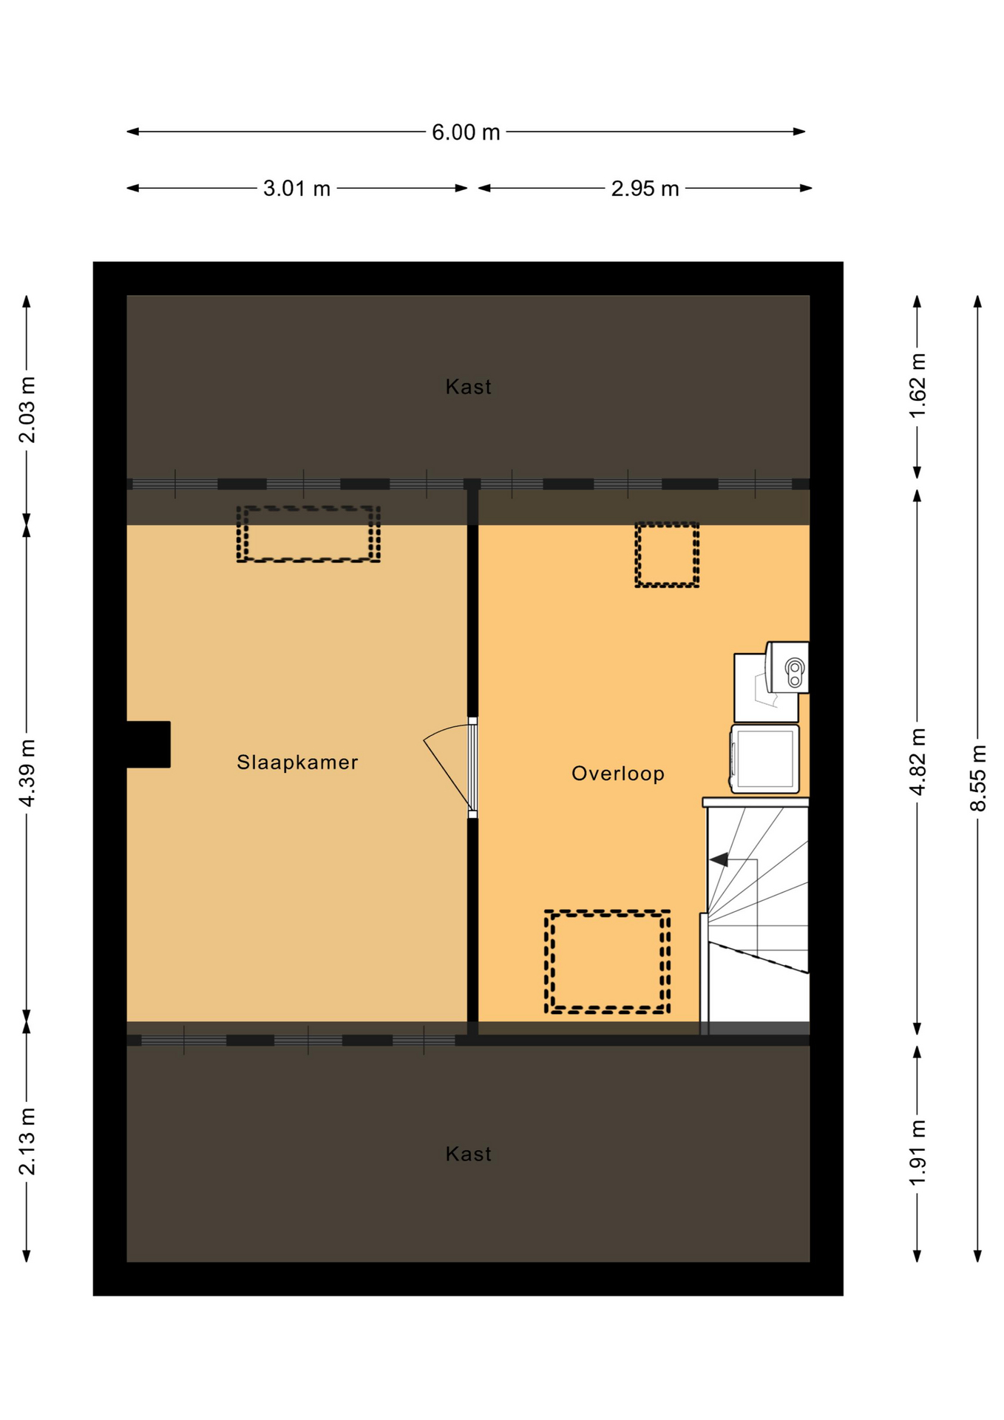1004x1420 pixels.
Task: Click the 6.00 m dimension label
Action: point(466,132)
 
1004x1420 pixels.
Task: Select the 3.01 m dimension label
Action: point(296,189)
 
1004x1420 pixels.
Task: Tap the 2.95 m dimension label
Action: point(645,189)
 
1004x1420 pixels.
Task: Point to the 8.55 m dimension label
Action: point(978,778)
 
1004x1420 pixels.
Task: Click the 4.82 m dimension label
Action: point(917,762)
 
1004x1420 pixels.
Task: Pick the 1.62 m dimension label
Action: point(917,385)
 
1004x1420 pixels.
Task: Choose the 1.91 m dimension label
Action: point(917,1152)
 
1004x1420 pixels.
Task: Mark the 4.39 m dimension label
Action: point(27,773)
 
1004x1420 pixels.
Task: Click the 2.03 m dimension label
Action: point(27,410)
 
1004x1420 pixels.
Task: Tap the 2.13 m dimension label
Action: point(27,1141)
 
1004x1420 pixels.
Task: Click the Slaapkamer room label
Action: point(297,763)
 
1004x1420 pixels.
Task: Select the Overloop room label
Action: point(618,774)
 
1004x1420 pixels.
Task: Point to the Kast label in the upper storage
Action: point(468,387)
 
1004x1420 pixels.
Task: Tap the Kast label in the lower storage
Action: point(468,1154)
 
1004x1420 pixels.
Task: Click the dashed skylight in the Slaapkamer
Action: point(308,508)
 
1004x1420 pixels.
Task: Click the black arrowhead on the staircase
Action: point(719,859)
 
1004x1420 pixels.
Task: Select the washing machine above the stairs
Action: point(764,759)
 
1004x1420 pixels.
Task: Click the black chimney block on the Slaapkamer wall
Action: point(149,744)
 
